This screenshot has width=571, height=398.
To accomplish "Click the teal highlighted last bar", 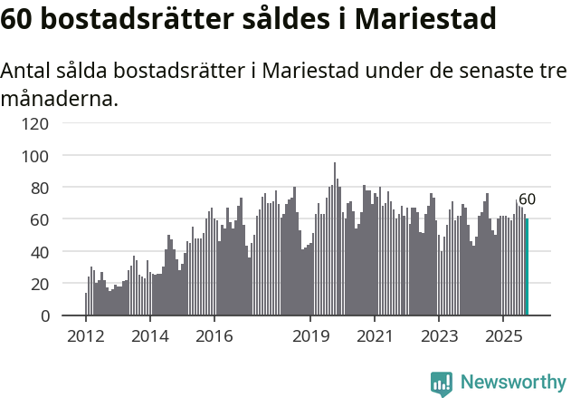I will pos(528,267).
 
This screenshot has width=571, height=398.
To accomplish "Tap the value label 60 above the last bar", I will pos(527,199).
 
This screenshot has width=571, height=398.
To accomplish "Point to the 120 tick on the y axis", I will pos(38,123).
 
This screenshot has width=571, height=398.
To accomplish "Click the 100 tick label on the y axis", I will pos(38,156).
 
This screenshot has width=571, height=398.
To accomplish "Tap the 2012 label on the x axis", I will pos(86,336).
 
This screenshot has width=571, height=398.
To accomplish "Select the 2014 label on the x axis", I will pos(150,336).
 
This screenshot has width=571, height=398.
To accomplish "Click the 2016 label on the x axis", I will pos(214,336).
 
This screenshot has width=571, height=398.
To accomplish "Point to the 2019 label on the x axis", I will pos(310,336).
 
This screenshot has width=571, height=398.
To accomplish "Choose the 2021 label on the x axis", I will pos(375,336).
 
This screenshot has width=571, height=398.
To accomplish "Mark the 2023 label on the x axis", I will pos(439,336).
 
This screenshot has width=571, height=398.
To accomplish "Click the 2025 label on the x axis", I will pos(502,336).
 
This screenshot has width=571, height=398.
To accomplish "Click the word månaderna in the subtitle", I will pos(60,99).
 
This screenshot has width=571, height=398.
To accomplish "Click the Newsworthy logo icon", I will pos(442,383).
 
